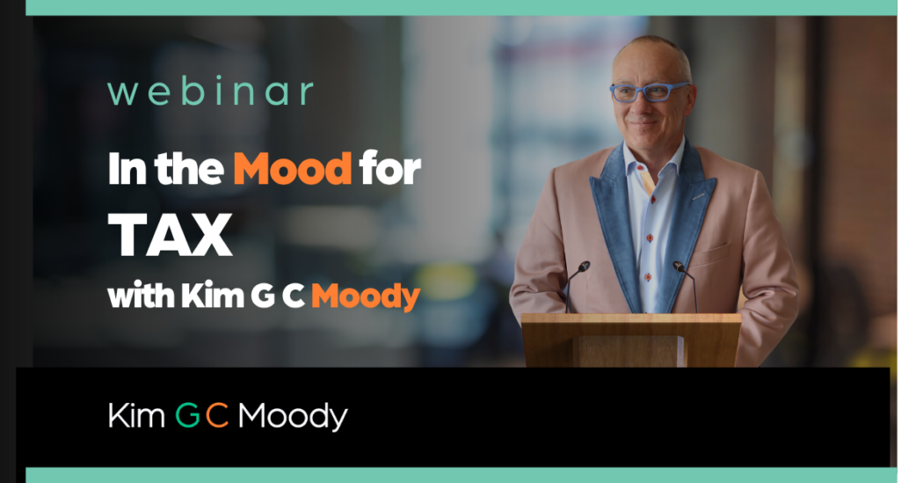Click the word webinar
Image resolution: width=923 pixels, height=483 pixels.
(x=210, y=92)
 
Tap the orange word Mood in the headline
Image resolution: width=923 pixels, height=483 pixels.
(x=293, y=169)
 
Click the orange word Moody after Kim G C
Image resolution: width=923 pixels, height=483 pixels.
(x=366, y=296)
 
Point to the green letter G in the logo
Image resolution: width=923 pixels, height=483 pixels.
(x=187, y=415)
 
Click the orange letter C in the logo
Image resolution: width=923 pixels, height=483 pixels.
(x=217, y=415)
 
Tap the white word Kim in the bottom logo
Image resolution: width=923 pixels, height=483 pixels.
(x=136, y=415)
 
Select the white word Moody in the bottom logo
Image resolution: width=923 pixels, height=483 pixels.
(x=293, y=416)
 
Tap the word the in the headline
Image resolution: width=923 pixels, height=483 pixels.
(x=189, y=169)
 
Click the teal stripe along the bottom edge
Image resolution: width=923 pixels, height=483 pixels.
(x=461, y=475)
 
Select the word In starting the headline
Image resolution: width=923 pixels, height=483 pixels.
(x=127, y=170)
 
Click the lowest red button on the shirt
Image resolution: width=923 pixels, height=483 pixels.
(x=648, y=276)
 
